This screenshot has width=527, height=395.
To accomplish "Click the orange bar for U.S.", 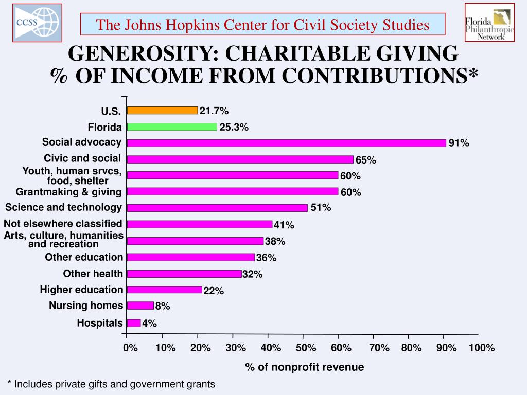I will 162,110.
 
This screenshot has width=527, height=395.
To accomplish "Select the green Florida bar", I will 172,127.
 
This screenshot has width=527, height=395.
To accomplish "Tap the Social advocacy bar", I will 286,143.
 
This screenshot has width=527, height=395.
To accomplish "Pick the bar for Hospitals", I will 134,323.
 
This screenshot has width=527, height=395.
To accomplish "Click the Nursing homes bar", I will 140,306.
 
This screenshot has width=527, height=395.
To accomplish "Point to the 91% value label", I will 459,143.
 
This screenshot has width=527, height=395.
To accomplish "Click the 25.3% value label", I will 234,128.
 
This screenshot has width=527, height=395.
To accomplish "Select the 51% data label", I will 321,208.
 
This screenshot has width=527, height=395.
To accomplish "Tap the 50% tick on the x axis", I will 306,348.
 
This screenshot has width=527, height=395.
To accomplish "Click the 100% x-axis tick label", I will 481,348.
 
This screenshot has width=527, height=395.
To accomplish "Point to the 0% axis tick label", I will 130,348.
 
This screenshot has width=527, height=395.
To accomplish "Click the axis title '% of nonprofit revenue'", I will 304,367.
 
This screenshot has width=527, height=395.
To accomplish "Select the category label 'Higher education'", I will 81,290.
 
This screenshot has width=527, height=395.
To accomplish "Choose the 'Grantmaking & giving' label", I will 68,192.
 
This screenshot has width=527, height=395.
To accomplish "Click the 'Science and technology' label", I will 63,207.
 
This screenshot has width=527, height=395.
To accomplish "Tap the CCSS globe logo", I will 37,22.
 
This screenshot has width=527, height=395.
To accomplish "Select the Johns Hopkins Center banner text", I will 262,24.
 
